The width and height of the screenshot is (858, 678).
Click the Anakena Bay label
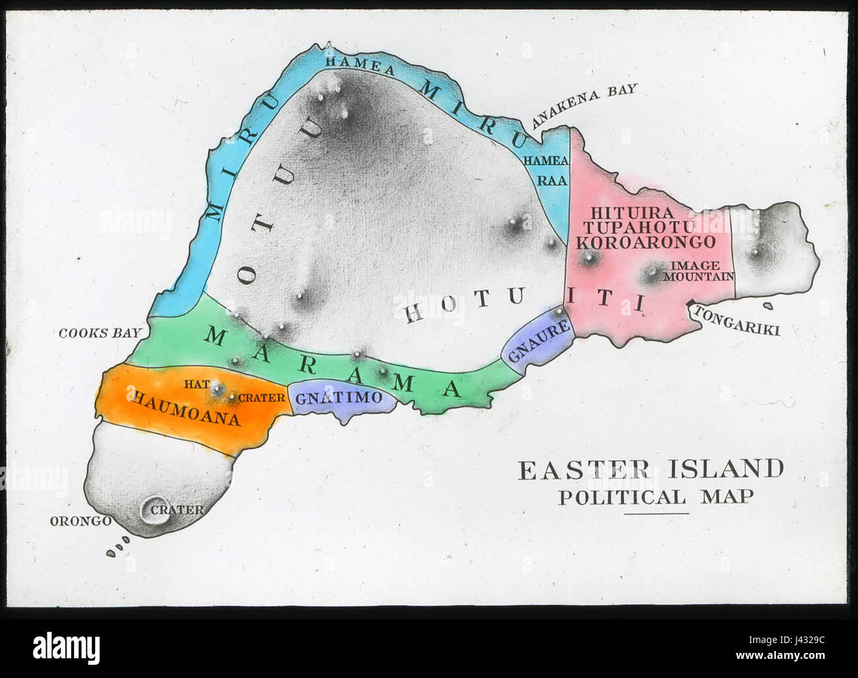pyautogui.click(x=585, y=106)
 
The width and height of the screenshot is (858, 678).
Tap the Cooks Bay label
pyautogui.click(x=100, y=332)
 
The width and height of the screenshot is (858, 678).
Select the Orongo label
pyautogui.click(x=81, y=521)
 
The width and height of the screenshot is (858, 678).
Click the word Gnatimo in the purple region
pyautogui.click(x=339, y=398)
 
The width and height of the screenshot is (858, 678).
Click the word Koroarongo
pyautogui.click(x=645, y=242)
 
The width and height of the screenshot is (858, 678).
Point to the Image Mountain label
pyautogui.click(x=698, y=271)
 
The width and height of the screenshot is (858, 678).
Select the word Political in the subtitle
pyautogui.click(x=622, y=497)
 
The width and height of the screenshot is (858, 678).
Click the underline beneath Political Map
pyautogui.click(x=656, y=513)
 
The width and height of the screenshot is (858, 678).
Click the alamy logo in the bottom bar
pyautogui.click(x=66, y=648)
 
